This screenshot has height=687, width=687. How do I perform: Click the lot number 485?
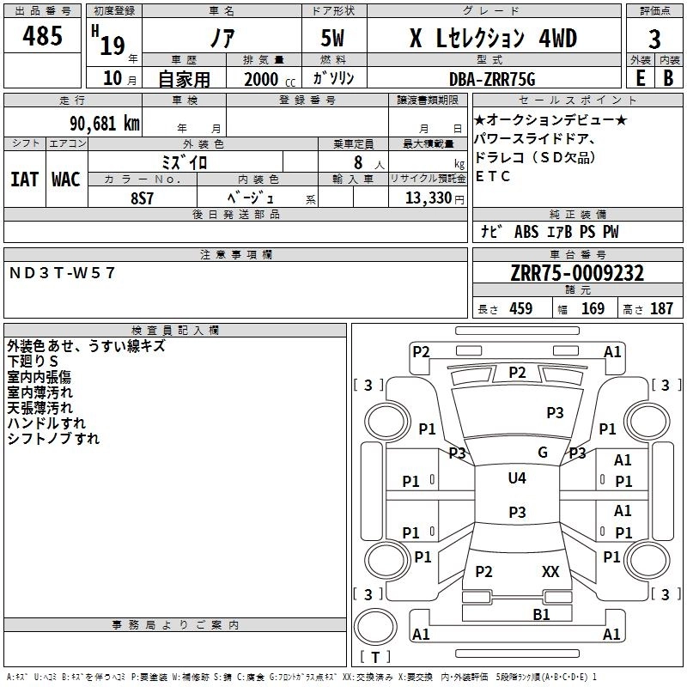tap(42, 37)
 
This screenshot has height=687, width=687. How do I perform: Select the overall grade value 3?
tap(654, 39)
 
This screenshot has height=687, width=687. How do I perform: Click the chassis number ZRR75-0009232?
tap(576, 274)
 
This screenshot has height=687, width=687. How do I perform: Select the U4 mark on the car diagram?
tap(517, 478)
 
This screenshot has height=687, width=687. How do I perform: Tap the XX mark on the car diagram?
tap(550, 571)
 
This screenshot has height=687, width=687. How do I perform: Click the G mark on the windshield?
tap(543, 453)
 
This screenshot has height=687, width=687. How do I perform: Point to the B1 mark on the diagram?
tap(541, 614)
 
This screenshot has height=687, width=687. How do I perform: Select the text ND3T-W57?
tap(62, 273)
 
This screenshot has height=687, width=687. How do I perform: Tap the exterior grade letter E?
tap(639, 78)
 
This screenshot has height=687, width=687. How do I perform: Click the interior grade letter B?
tap(668, 78)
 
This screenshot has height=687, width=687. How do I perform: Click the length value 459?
tap(519, 309)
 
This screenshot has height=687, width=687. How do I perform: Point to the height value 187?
tap(661, 309)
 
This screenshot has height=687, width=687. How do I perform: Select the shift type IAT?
tap(25, 180)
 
